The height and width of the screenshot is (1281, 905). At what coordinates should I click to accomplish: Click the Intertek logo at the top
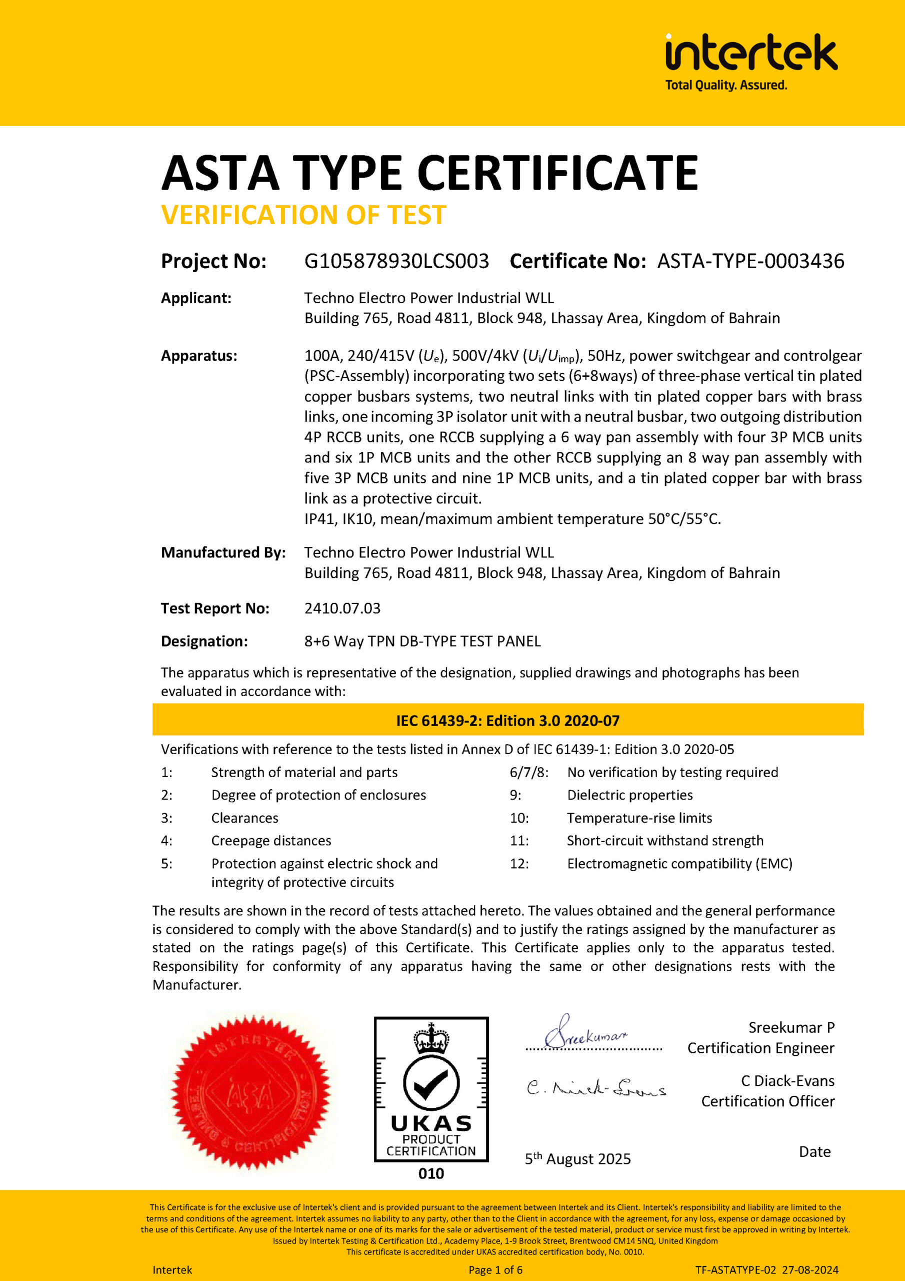(x=750, y=53)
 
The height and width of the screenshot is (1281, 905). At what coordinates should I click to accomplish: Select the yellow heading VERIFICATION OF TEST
(x=303, y=215)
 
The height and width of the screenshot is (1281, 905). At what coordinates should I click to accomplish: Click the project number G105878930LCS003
(x=396, y=261)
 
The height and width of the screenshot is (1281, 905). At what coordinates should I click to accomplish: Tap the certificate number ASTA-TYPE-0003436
(x=750, y=261)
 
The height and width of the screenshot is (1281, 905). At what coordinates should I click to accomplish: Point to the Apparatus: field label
(x=199, y=356)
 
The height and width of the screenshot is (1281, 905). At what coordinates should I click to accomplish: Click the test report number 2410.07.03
(x=342, y=608)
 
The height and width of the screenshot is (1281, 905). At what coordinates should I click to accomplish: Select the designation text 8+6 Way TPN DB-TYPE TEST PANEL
(x=422, y=641)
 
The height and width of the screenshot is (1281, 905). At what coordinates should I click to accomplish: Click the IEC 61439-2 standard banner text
(x=507, y=721)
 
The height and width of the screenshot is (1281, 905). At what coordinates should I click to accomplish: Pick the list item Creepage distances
(x=271, y=840)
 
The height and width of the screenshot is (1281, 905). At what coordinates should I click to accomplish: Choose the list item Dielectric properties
(x=629, y=795)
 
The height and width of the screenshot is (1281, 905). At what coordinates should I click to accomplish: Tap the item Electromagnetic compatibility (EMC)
(x=679, y=863)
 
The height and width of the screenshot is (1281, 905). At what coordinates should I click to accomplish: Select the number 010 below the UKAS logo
(x=431, y=1173)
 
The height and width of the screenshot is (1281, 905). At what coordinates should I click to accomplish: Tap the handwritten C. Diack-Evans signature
(x=596, y=1088)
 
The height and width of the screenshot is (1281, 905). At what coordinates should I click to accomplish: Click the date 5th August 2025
(x=577, y=1159)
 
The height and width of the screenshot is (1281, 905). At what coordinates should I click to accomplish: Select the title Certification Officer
(x=767, y=1101)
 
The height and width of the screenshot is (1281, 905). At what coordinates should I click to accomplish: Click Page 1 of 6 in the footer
(x=495, y=1270)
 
